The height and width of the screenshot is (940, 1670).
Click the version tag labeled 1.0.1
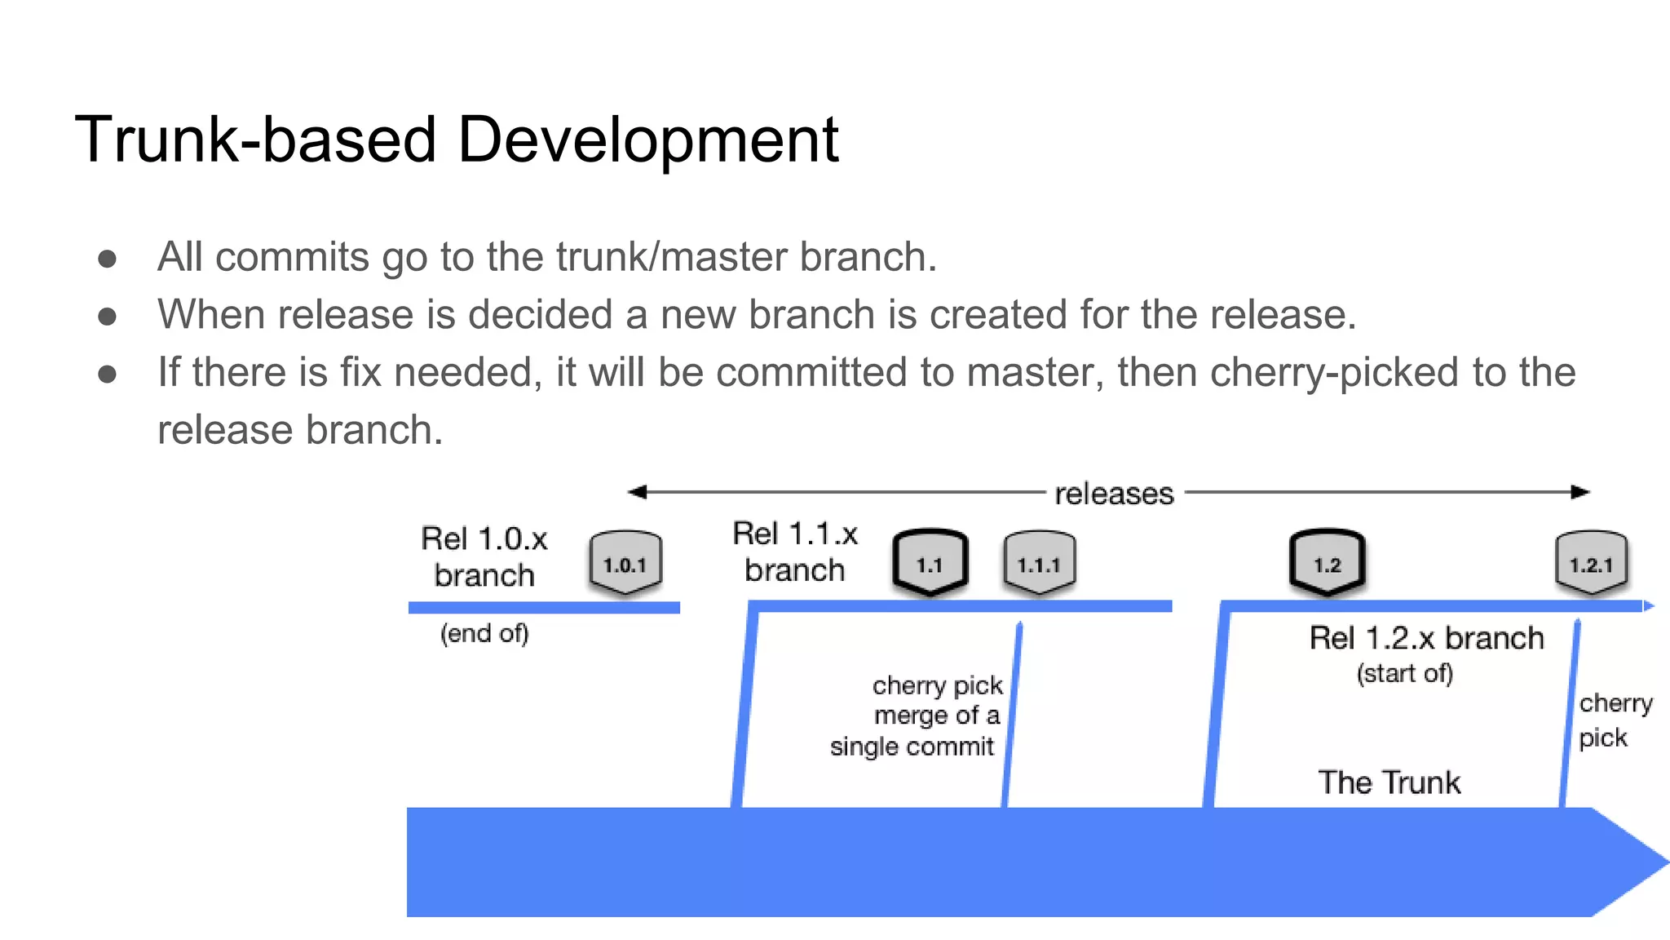tap(625, 563)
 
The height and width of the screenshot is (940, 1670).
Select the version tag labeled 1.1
tap(930, 563)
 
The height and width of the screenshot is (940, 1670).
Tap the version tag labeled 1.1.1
tap(1039, 563)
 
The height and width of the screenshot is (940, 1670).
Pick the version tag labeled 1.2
tap(1327, 563)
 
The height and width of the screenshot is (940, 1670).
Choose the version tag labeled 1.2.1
tap(1591, 563)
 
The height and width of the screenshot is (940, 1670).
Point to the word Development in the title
tap(648, 140)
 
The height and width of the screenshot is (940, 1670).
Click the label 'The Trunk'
tap(1389, 783)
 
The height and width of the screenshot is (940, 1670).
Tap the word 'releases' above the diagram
tap(1114, 494)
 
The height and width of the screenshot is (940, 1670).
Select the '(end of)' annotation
tap(484, 633)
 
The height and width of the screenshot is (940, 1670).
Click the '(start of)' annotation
tap(1404, 673)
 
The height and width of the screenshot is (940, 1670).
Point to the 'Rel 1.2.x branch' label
tap(1426, 638)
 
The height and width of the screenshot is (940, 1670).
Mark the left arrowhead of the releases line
tap(637, 492)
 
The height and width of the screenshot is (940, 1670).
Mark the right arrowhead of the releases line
tap(1581, 492)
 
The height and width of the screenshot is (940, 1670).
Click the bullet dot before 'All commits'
tap(107, 259)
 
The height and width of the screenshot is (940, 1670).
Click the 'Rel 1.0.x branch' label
tap(484, 556)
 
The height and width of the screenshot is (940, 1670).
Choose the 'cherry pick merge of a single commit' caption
tap(917, 716)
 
